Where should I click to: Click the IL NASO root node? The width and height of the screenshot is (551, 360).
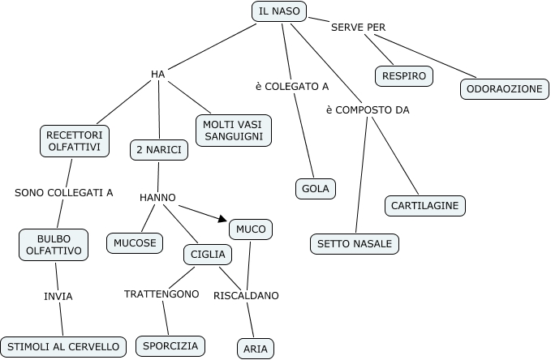click(279, 11)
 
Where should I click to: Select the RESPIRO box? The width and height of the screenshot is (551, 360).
click(404, 76)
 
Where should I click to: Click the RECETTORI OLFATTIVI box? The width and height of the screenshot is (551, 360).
click(74, 140)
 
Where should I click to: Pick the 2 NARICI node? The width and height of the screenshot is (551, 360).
click(160, 150)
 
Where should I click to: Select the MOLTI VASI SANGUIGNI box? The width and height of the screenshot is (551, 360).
click(234, 130)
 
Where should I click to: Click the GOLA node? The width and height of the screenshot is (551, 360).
click(315, 189)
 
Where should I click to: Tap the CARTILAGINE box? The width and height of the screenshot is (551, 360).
click(425, 206)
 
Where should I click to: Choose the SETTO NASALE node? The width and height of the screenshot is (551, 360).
click(355, 243)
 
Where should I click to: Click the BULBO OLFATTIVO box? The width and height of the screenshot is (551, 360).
click(54, 244)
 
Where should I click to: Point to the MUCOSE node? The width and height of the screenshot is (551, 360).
click(135, 242)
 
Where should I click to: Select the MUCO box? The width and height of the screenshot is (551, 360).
click(251, 229)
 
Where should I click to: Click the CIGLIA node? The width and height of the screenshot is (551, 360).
click(208, 255)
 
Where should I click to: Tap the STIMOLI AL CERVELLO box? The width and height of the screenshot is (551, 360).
click(63, 347)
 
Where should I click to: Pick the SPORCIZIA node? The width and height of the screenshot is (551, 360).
click(170, 346)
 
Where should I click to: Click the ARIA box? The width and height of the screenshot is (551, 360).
click(256, 349)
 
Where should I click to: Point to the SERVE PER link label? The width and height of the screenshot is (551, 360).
click(358, 28)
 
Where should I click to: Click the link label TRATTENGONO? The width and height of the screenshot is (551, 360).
click(161, 294)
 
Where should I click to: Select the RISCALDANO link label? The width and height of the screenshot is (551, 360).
click(246, 296)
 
